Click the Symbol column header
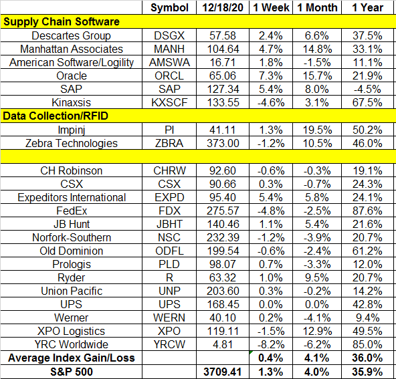coord(169,8)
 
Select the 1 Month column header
coord(317,7)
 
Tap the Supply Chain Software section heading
coord(62,22)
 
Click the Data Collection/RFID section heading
coord(56,116)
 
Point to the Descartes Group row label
coord(71,35)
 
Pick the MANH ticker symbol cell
coord(169,49)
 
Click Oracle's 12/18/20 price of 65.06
coord(223,76)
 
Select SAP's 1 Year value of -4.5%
coord(367,89)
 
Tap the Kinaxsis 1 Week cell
coord(271,102)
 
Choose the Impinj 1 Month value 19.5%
coord(317,130)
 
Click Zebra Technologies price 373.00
coord(223,143)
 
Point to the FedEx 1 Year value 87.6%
coord(367,211)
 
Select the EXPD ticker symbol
coord(169,197)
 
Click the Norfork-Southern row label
coord(72,237)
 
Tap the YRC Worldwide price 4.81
coord(223,344)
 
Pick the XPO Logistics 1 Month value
coord(317,331)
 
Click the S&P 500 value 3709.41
coord(223,372)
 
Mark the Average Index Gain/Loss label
coord(72,358)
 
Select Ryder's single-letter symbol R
coord(169,277)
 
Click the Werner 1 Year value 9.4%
coord(367,318)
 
